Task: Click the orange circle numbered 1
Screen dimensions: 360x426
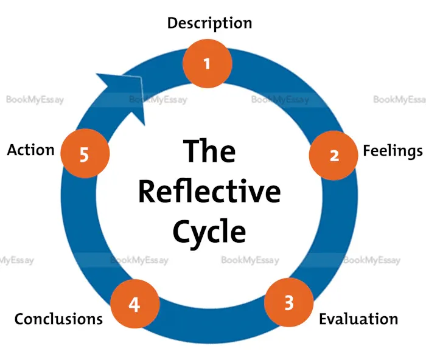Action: point(208,63)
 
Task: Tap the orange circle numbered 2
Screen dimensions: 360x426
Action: point(333,155)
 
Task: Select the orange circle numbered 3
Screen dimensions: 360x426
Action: point(289,302)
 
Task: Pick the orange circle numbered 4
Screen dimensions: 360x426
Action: point(134,304)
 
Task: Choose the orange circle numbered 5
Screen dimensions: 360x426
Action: point(85,154)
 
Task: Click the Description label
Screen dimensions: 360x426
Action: point(209,23)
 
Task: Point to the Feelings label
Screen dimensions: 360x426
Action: point(392,150)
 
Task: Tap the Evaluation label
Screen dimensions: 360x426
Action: point(358,319)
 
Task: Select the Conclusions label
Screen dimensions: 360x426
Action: point(58,319)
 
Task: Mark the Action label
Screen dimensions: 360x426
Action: point(30,150)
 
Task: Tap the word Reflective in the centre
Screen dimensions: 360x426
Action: point(209,191)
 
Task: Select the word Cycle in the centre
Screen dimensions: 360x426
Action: point(209,232)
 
